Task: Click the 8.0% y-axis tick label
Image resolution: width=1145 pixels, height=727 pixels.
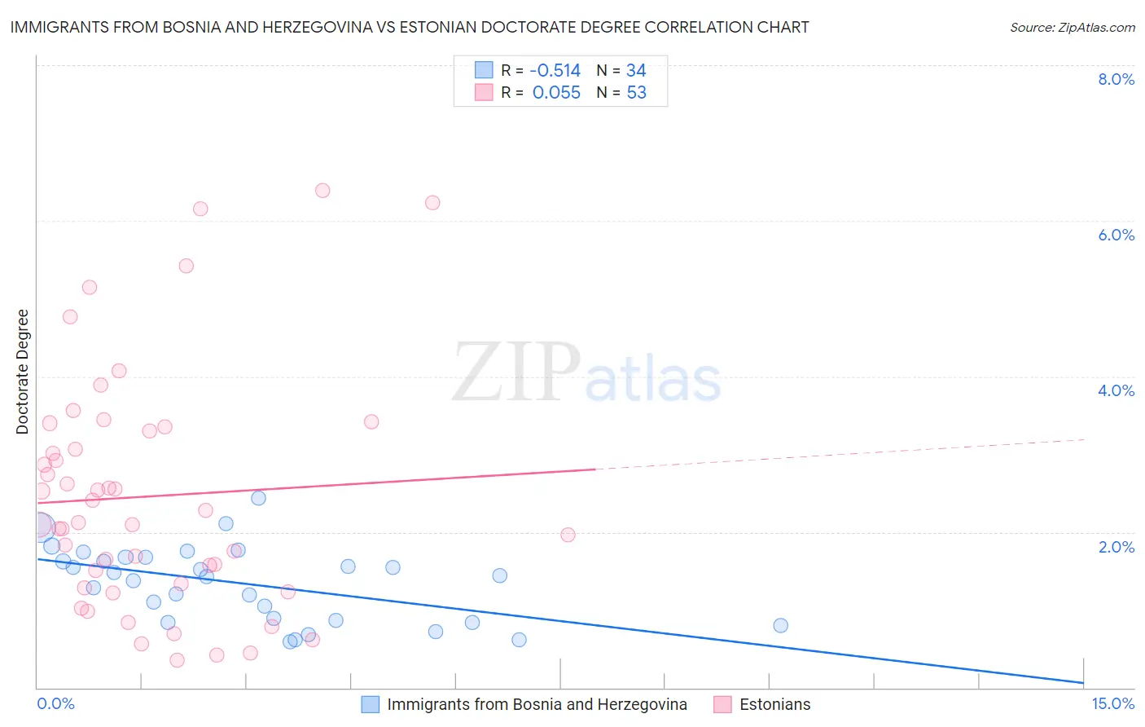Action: tap(1116, 79)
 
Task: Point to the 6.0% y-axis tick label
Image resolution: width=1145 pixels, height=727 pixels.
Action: tap(1116, 235)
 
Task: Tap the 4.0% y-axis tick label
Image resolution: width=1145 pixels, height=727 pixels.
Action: tap(1116, 390)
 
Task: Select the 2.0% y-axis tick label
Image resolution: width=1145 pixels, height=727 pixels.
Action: tap(1116, 547)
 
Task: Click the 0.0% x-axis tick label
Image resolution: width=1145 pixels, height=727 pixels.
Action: tap(56, 703)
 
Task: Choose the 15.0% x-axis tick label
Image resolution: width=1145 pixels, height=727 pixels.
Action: tap(1112, 703)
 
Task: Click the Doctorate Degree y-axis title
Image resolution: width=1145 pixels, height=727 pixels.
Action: tap(23, 372)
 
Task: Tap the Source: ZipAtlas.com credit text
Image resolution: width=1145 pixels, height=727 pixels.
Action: tap(1073, 28)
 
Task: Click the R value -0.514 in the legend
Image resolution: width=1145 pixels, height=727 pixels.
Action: tap(555, 71)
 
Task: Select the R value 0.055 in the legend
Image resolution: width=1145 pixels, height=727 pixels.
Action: tap(556, 93)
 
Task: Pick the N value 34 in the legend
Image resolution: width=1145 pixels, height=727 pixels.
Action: tap(636, 71)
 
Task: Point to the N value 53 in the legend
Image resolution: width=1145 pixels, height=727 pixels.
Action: tap(636, 93)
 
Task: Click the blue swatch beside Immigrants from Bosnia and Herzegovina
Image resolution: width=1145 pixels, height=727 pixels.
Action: tap(371, 704)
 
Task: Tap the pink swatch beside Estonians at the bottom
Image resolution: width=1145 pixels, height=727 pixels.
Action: tap(722, 704)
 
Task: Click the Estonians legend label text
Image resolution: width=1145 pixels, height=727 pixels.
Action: tap(774, 704)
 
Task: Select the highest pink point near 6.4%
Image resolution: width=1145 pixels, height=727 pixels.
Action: tap(322, 191)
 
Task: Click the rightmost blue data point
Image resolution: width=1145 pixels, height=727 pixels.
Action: tap(780, 625)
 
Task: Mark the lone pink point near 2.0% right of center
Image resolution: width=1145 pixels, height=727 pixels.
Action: tap(568, 535)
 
